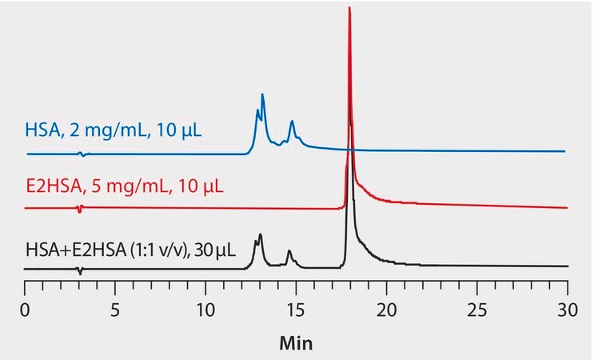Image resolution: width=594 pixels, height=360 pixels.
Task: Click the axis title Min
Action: [296, 343]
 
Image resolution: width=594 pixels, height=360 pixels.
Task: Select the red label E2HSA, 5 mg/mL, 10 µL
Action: [124, 188]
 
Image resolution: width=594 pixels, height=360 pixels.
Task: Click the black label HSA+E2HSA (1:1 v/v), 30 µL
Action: [130, 249]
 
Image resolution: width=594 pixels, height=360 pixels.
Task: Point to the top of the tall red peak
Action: [350, 8]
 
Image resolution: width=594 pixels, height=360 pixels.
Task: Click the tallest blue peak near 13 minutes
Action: [263, 95]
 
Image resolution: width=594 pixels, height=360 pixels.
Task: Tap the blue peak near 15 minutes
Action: [293, 122]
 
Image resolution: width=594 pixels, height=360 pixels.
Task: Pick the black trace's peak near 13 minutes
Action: [261, 236]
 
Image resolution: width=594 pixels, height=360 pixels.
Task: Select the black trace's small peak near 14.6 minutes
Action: [289, 252]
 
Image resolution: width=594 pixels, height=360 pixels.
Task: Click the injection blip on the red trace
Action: [79, 209]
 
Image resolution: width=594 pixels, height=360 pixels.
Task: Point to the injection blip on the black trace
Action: [80, 270]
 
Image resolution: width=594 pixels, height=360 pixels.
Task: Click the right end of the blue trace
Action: [565, 151]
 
